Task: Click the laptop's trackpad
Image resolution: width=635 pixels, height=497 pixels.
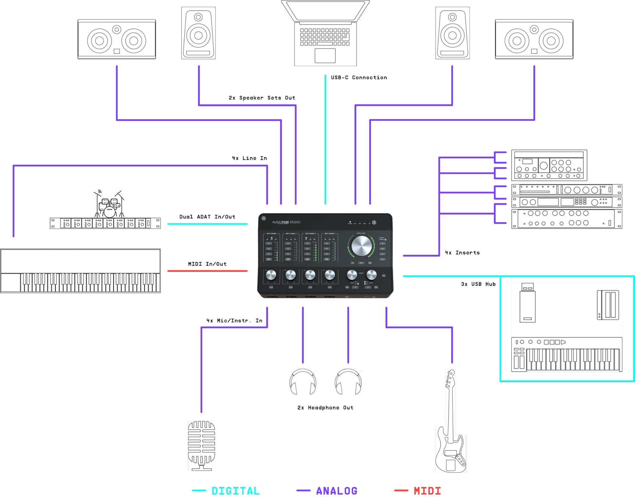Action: point(325,56)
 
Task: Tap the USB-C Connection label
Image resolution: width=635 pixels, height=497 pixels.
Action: point(359,77)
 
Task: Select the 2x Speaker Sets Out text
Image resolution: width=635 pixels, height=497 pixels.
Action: point(262,98)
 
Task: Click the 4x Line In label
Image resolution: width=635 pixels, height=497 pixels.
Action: point(249,158)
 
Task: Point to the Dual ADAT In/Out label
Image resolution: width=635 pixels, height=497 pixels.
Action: point(207,217)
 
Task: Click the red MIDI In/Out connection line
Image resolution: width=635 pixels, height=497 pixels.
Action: point(207,271)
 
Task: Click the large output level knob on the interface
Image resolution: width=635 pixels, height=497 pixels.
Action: point(361,246)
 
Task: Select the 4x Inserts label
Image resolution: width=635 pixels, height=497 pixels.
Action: point(462,253)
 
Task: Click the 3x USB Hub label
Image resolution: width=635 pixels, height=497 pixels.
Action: point(478,284)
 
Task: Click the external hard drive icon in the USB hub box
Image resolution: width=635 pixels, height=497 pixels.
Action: point(608,305)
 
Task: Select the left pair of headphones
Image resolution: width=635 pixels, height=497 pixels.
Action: point(303,382)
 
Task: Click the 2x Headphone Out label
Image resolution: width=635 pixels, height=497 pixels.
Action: point(325,408)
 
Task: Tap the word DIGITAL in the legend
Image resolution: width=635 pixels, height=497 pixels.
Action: point(235,491)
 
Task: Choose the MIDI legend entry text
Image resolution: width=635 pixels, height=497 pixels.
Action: point(427,491)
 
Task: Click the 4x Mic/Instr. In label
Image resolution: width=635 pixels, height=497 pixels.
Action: point(234,321)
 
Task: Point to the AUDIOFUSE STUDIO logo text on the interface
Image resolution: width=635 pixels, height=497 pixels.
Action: point(286,222)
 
